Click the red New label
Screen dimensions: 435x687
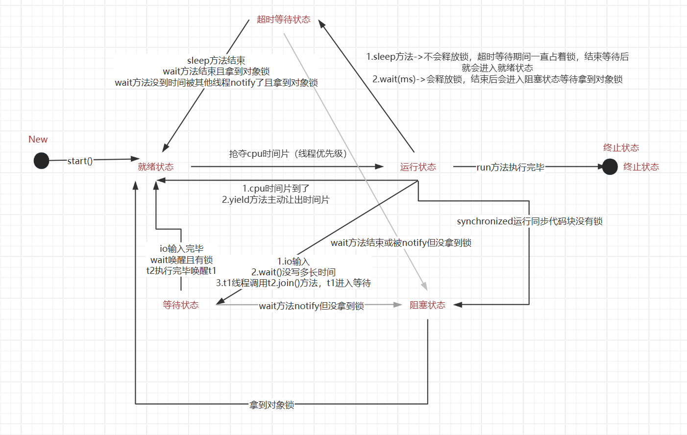click(x=38, y=140)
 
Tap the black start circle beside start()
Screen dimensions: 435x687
click(x=41, y=161)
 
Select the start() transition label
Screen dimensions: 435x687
click(x=80, y=161)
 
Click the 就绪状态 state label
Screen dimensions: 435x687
click(x=156, y=167)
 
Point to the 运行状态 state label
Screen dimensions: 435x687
click(x=418, y=167)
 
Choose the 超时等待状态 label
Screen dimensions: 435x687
click(x=284, y=20)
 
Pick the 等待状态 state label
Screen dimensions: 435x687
click(x=181, y=305)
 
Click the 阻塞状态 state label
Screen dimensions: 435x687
click(x=428, y=305)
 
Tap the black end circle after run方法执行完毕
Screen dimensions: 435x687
click(x=610, y=167)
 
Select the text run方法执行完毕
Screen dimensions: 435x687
click(x=511, y=168)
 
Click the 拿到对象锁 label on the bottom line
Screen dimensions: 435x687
click(x=272, y=405)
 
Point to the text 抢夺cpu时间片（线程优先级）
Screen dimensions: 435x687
click(x=288, y=154)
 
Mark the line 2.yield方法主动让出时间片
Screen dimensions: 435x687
click(x=276, y=200)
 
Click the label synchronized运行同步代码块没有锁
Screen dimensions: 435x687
click(x=530, y=221)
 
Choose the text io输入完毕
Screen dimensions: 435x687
click(x=182, y=249)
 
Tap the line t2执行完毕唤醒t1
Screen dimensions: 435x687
click(x=181, y=270)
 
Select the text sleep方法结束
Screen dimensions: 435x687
click(x=216, y=61)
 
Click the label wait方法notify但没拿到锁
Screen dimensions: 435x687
click(x=312, y=306)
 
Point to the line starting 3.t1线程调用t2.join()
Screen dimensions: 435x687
click(x=294, y=283)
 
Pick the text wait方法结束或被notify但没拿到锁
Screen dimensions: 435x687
click(x=401, y=243)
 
